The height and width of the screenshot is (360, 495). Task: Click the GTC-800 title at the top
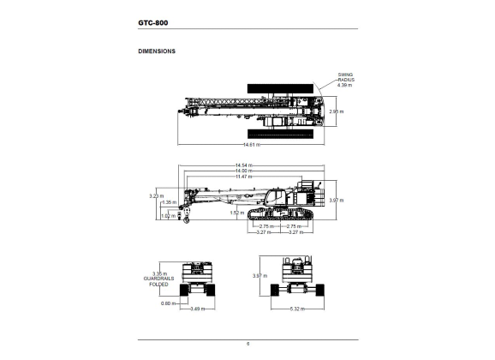tap(153, 23)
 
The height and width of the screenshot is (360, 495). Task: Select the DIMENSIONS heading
tap(157, 51)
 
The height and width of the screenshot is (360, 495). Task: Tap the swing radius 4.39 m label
tap(345, 80)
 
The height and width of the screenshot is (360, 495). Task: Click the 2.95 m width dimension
tap(337, 111)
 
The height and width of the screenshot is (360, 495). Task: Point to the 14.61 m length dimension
tap(252, 145)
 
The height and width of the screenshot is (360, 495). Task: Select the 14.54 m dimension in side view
tap(244, 165)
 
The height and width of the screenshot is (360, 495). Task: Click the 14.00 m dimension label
tap(244, 171)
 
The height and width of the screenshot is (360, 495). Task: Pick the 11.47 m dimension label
tap(244, 177)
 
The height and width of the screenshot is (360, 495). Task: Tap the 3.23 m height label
tap(156, 196)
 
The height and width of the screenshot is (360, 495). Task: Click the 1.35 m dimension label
tap(170, 202)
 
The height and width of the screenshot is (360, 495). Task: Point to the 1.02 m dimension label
tap(168, 216)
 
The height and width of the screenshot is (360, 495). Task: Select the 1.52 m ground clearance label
tap(237, 213)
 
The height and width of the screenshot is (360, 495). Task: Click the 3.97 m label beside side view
tap(337, 201)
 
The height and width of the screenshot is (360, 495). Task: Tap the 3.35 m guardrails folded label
tap(158, 279)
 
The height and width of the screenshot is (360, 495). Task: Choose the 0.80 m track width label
tap(168, 303)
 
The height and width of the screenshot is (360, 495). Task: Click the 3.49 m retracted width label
tap(198, 309)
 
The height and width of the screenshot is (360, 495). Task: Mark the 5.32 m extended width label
tap(297, 309)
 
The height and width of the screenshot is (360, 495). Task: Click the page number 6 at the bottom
tap(247, 344)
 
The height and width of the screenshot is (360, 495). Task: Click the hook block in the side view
tap(187, 214)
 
